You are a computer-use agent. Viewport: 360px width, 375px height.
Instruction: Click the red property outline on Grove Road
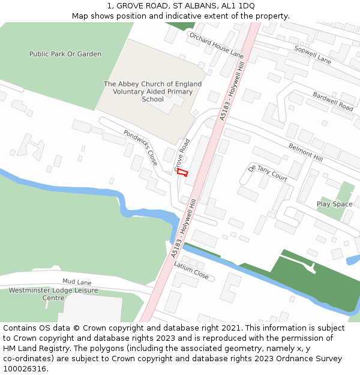pos(182,172)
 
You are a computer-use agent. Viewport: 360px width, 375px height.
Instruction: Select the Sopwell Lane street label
pos(312,55)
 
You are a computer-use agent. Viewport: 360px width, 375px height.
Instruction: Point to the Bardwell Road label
pos(333,101)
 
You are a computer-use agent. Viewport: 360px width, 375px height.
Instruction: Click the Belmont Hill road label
pos(305,152)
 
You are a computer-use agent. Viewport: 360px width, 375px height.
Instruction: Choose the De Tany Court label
pos(268,172)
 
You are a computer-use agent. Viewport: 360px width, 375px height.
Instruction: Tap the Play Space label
pos(335,204)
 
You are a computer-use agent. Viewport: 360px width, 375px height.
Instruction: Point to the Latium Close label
pos(191,271)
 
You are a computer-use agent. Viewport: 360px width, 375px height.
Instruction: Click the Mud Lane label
pos(77,281)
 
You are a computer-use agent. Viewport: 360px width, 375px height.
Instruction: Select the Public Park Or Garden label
pos(65,54)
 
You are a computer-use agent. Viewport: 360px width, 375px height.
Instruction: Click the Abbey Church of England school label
pos(152,92)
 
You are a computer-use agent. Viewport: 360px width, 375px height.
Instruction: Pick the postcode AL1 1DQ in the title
pos(237,5)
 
